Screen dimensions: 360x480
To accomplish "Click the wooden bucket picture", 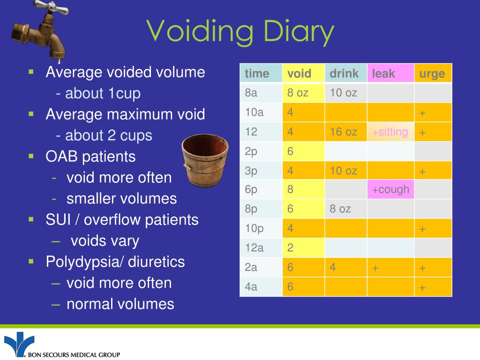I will pos(205,159).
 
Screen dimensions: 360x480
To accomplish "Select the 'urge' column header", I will pos(432,74).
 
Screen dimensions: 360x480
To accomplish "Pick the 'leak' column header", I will pos(383,74).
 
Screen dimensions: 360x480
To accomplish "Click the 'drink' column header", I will pos(344,74).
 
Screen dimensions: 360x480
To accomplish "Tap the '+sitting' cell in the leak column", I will pos(390,132).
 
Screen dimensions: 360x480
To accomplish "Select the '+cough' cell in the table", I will pos(390,189).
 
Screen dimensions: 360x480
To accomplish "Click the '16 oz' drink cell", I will pos(344,132).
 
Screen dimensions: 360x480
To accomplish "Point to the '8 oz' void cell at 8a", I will pos(298,93).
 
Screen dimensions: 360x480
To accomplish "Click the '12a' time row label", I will pos(255,247).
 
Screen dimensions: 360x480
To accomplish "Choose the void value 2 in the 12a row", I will pos(291,247).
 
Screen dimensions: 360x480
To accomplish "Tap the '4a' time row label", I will pos(251,286).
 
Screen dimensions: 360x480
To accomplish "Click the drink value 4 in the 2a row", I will pos(333,267).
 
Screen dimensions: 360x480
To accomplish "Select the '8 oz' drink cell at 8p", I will pos(340,209).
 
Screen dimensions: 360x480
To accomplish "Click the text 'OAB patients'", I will pos(90,157).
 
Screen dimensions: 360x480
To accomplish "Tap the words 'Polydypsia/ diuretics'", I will pos(115,262).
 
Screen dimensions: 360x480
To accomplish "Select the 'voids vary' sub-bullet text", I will pos(105,241).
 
